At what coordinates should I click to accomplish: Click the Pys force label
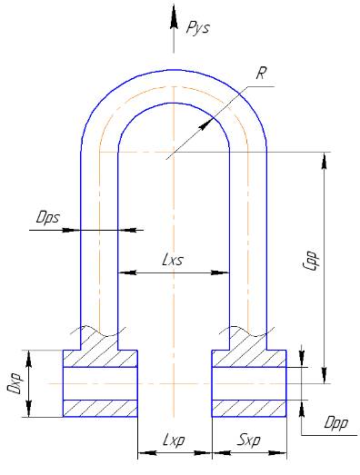click(198, 29)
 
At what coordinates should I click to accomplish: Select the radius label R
click(261, 74)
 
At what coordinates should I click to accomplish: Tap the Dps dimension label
click(48, 217)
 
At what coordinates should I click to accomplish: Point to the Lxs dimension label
click(173, 261)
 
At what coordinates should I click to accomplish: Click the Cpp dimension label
click(312, 261)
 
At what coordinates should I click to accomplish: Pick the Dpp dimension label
click(336, 423)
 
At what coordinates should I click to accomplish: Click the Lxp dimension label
click(174, 440)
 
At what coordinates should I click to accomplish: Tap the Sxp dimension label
click(249, 440)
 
